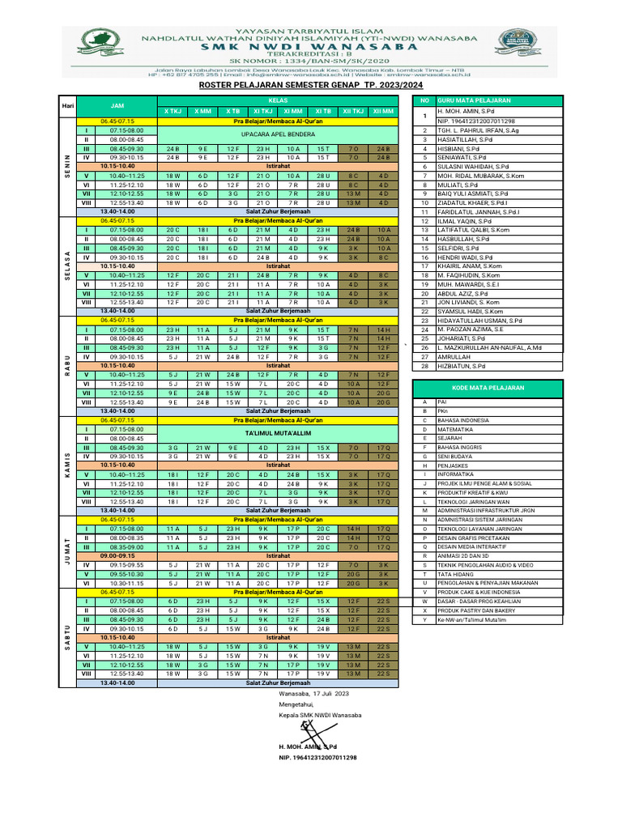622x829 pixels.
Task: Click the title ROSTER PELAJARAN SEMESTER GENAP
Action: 311,83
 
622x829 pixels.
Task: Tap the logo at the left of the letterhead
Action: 104,40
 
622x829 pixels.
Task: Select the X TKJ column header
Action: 173,111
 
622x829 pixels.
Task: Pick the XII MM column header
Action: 384,111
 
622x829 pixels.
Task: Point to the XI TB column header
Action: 323,111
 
